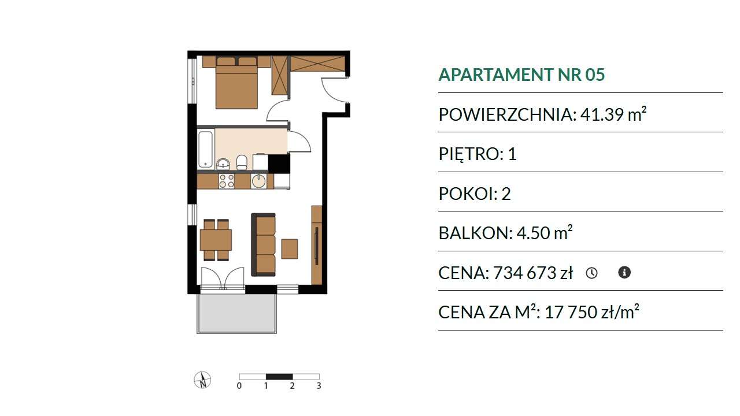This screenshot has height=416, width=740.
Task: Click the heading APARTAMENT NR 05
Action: click(x=521, y=75)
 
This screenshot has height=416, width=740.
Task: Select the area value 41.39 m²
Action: click(x=613, y=114)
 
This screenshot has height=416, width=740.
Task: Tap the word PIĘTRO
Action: click(x=469, y=154)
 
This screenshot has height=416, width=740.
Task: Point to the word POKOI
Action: click(x=466, y=194)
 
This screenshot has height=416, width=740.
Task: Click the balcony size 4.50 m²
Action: click(x=545, y=233)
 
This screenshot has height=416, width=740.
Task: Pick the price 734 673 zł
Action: click(x=533, y=273)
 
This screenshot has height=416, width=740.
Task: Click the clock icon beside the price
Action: click(x=591, y=273)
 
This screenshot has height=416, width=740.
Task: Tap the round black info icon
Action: click(x=624, y=272)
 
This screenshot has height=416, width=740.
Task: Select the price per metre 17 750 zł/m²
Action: click(x=591, y=312)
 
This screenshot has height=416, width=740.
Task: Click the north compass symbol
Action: click(x=202, y=380)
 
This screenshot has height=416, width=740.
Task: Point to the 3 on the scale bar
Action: click(x=319, y=385)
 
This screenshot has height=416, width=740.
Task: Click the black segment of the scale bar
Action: click(x=279, y=376)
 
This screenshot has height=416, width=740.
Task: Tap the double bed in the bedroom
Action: click(x=236, y=82)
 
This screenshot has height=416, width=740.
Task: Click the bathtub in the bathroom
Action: click(x=206, y=150)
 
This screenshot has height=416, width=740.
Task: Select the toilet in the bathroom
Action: click(x=242, y=162)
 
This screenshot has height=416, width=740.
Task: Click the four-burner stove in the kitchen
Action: click(x=226, y=181)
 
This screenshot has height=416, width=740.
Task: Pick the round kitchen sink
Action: click(x=258, y=181)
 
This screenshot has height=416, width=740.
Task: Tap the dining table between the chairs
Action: click(x=216, y=240)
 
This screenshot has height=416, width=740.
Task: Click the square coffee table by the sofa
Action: click(x=290, y=249)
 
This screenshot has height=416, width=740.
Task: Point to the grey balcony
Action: click(x=236, y=313)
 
